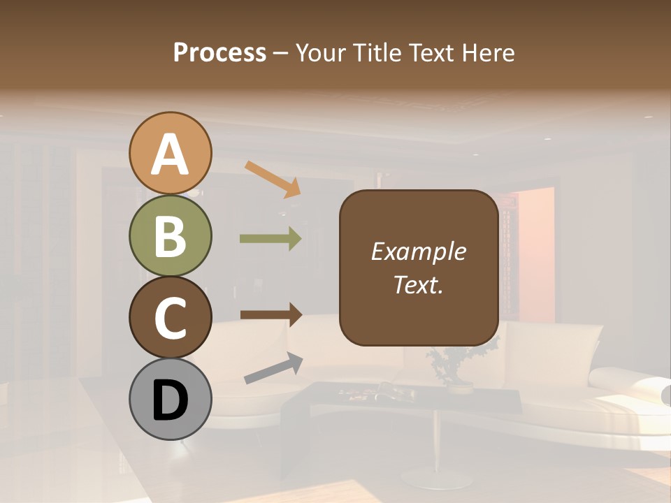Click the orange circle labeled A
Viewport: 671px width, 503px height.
171,153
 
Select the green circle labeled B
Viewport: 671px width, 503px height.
171,236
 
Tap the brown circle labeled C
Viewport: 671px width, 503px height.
171,317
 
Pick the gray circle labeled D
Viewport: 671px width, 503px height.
171,399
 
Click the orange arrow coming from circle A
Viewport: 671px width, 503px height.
273,179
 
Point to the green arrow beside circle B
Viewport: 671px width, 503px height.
270,239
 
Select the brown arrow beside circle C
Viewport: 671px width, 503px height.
270,315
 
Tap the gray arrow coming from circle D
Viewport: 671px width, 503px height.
273,368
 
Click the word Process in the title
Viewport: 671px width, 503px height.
219,53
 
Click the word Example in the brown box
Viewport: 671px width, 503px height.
418,251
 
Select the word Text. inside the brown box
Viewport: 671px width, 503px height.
418,285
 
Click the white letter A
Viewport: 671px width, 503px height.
171,154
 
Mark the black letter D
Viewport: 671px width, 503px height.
171,400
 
